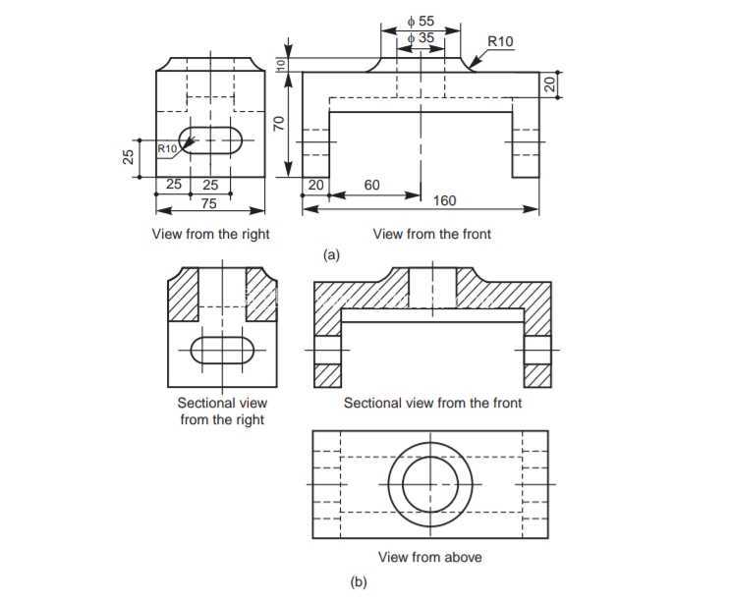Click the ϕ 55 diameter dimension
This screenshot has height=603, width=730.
pyautogui.click(x=421, y=21)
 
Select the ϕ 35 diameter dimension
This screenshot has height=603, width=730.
pyautogui.click(x=421, y=38)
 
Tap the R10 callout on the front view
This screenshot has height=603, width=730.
pyautogui.click(x=500, y=41)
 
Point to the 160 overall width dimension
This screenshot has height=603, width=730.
pyautogui.click(x=445, y=200)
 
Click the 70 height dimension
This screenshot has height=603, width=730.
pyautogui.click(x=278, y=124)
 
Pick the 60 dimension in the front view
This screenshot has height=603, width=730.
pyautogui.click(x=372, y=186)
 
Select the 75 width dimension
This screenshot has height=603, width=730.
pyautogui.click(x=209, y=203)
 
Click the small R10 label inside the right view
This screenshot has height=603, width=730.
pyautogui.click(x=167, y=149)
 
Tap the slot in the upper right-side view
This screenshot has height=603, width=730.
pyautogui.click(x=210, y=140)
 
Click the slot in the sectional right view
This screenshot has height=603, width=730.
pyautogui.click(x=223, y=350)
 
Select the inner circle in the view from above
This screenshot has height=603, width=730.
pyautogui.click(x=430, y=484)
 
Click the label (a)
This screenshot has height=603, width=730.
pyautogui.click(x=331, y=255)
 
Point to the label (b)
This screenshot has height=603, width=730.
pyautogui.click(x=359, y=582)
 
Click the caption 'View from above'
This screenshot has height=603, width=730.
pyautogui.click(x=430, y=557)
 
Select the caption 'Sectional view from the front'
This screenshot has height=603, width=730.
pyautogui.click(x=432, y=403)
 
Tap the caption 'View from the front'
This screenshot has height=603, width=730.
pyautogui.click(x=432, y=234)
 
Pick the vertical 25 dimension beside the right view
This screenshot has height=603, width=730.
pyautogui.click(x=129, y=157)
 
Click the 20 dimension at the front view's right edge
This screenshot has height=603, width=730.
pyautogui.click(x=551, y=84)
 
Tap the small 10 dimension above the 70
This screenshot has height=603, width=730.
pyautogui.click(x=281, y=65)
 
